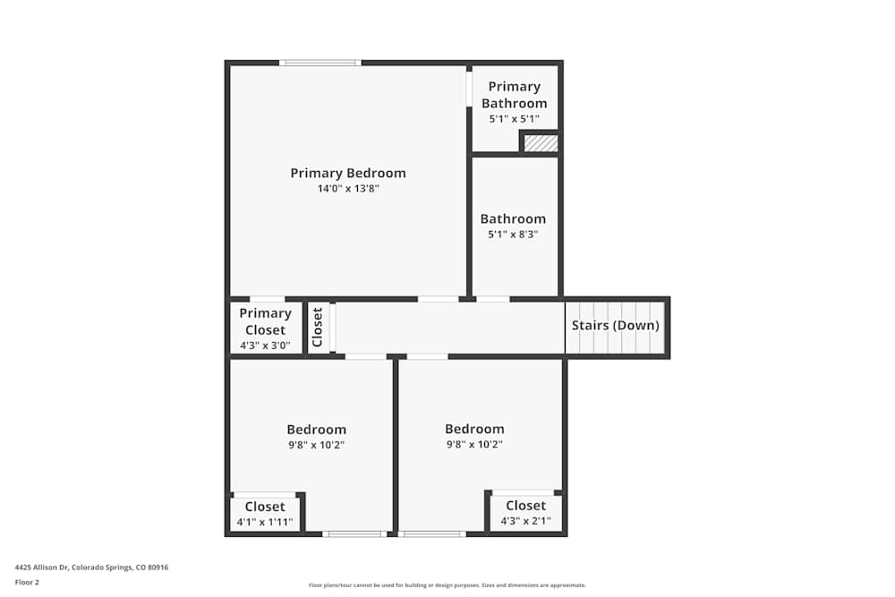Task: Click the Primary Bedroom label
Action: click(347, 173)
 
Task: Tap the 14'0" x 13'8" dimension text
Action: click(347, 189)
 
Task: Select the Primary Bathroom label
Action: click(514, 95)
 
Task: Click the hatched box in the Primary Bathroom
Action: click(541, 143)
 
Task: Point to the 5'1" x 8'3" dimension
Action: click(513, 235)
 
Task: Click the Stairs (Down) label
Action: click(616, 325)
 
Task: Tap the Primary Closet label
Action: click(265, 321)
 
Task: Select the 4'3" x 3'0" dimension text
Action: click(265, 345)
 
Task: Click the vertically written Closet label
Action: click(317, 327)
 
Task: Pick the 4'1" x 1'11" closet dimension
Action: click(264, 522)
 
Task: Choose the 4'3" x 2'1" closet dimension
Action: click(525, 521)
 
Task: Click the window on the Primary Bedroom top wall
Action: click(320, 63)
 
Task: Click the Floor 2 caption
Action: click(27, 582)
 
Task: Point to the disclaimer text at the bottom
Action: click(447, 585)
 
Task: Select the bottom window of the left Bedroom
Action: click(354, 534)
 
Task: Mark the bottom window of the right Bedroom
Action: click(432, 534)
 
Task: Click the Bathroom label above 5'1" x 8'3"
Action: click(513, 218)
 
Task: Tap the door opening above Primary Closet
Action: click(267, 299)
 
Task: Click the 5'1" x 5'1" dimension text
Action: click(514, 118)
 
